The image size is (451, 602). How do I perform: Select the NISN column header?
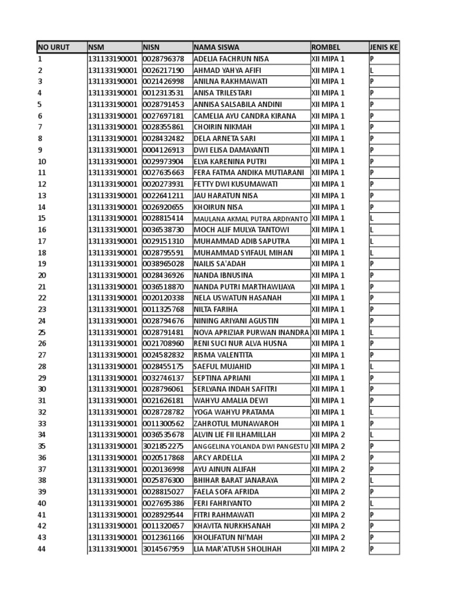point(152,47)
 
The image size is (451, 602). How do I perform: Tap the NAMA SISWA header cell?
point(216,47)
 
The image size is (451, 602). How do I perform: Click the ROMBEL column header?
point(326,47)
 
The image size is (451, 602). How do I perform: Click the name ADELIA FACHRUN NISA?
point(231,59)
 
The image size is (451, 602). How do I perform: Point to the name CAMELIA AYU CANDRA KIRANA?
point(245,116)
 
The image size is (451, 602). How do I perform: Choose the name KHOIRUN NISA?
point(218,207)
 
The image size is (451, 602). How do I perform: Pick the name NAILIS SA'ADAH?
point(220,264)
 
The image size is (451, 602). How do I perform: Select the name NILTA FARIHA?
point(216,309)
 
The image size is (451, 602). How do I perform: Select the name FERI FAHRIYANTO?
point(223,503)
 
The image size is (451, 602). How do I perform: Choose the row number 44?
point(42,549)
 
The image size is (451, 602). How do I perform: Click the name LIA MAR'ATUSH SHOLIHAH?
point(237,549)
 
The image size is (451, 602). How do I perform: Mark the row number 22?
point(42,298)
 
